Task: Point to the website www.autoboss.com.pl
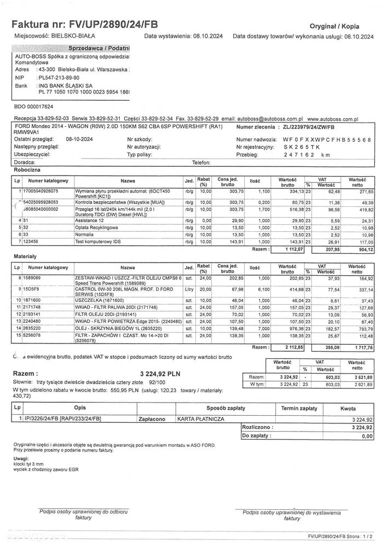tap(332, 118)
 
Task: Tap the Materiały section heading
tap(24, 255)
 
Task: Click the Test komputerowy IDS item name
tap(99, 241)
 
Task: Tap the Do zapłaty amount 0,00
tap(367, 436)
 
